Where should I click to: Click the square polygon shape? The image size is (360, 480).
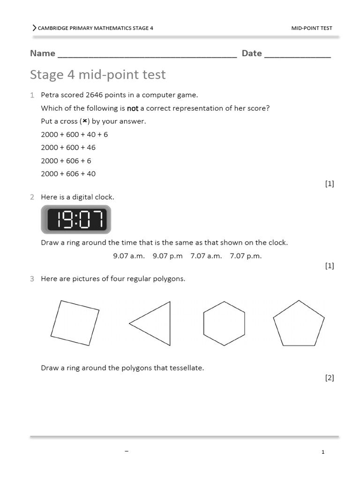tap(75, 323)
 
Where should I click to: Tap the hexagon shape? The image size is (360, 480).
tap(224, 323)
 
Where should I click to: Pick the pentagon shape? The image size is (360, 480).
tap(299, 323)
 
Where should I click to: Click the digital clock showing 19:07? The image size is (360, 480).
tap(76, 219)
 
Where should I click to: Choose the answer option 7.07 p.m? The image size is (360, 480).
tap(246, 256)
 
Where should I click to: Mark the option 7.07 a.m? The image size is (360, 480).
tap(206, 256)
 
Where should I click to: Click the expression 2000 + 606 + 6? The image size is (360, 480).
tap(66, 161)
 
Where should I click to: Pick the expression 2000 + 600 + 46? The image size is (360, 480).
tap(68, 148)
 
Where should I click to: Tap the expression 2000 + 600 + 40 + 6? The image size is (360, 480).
tap(74, 135)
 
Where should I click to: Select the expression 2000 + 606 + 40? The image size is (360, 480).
tap(68, 174)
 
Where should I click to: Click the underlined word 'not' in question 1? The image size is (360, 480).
tap(133, 108)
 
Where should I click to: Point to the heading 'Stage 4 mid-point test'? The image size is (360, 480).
tap(97, 75)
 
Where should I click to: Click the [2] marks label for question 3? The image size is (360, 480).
tap(330, 378)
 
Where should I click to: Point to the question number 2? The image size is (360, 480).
tap(32, 197)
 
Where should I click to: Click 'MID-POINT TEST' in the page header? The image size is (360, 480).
tap(311, 28)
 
